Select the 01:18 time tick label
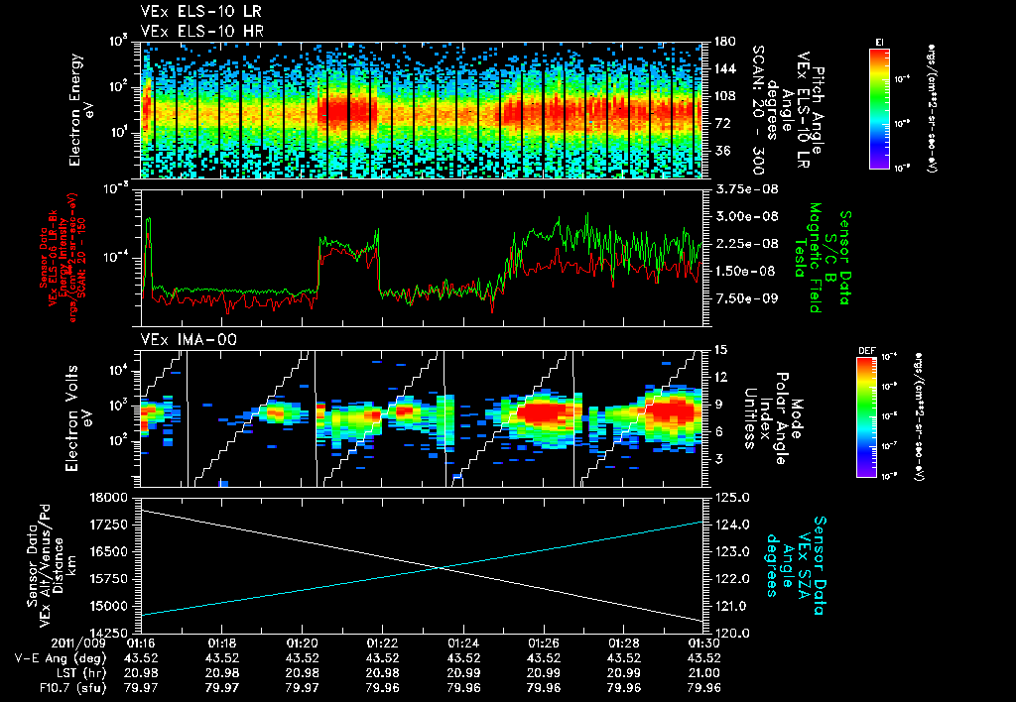pyautogui.click(x=221, y=643)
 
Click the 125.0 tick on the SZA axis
pyautogui.click(x=721, y=497)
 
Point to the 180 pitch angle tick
pyautogui.click(x=721, y=43)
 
